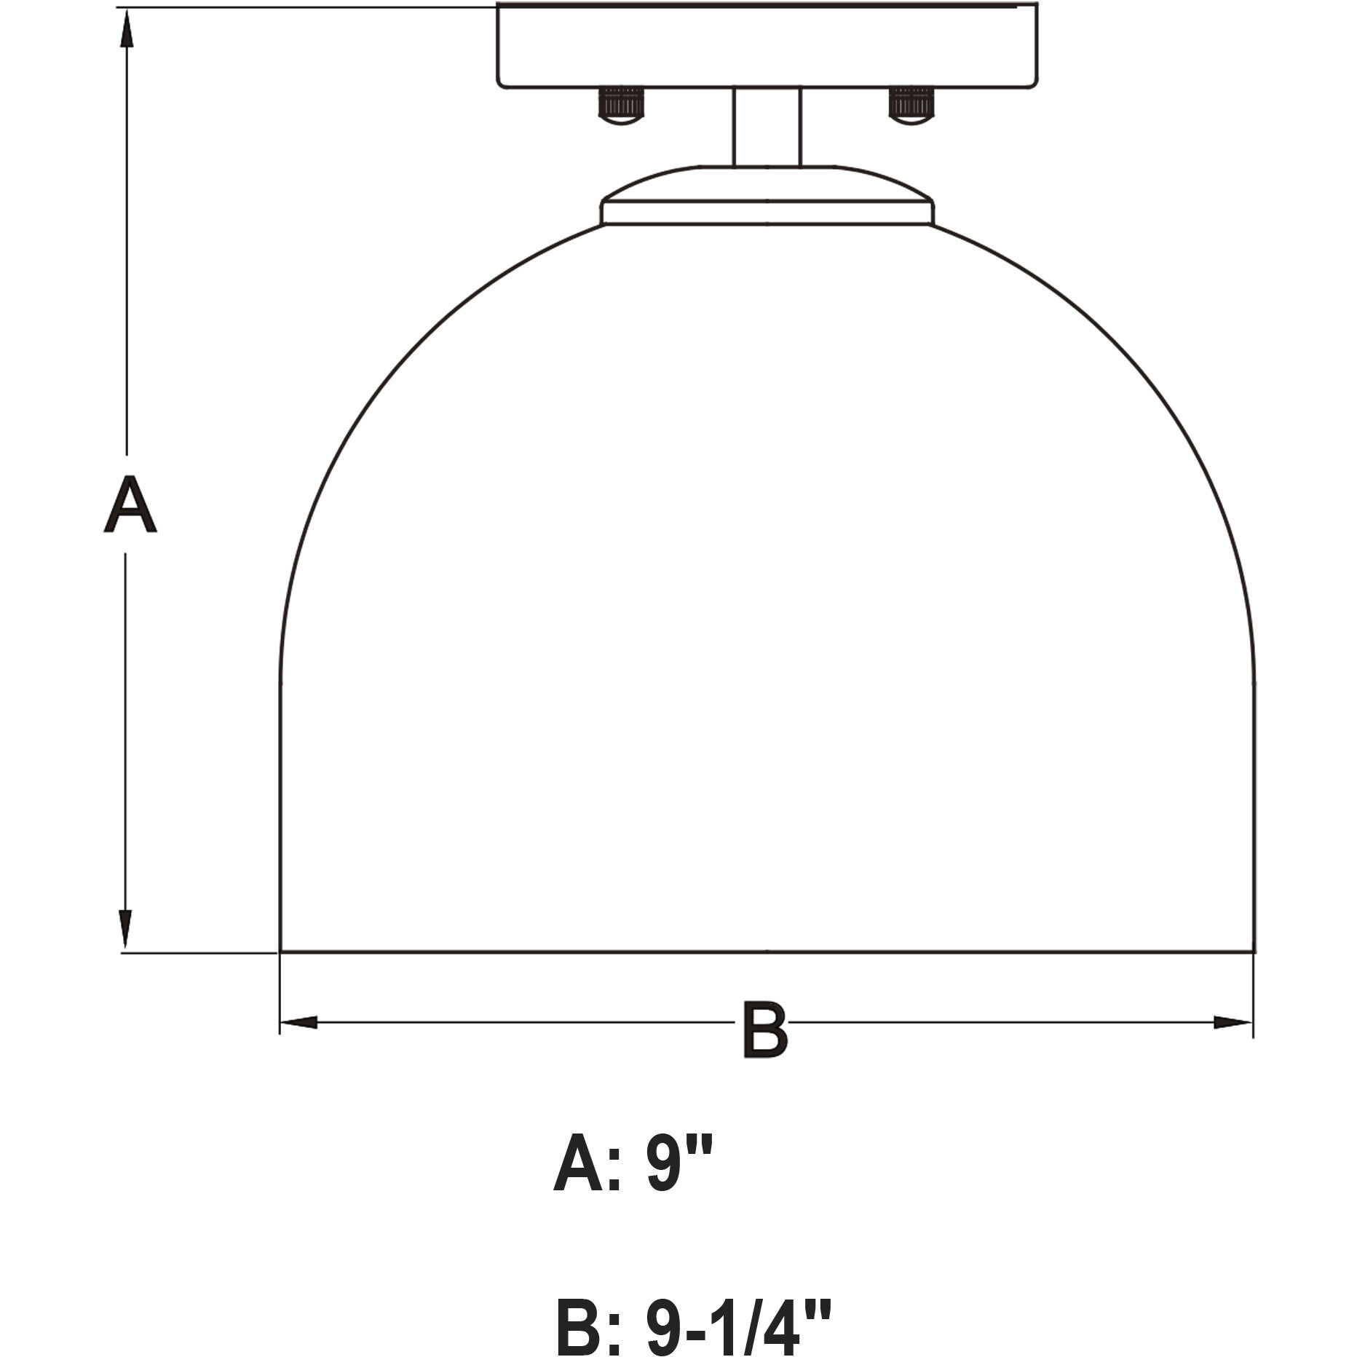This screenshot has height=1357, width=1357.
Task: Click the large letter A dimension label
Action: [x=130, y=505]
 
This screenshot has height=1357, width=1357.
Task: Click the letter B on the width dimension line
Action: [x=764, y=1029]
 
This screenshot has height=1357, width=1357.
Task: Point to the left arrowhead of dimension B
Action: [x=298, y=1022]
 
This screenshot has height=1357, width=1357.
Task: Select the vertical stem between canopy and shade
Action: [x=767, y=127]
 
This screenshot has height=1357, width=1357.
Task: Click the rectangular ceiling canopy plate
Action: [x=767, y=45]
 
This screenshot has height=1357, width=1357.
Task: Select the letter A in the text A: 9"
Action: [x=579, y=1167]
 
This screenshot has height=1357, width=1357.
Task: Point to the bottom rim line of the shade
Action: [x=767, y=952]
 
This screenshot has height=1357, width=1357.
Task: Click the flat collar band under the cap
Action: [x=767, y=213]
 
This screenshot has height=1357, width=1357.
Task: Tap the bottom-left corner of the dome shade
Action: [x=281, y=951]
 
